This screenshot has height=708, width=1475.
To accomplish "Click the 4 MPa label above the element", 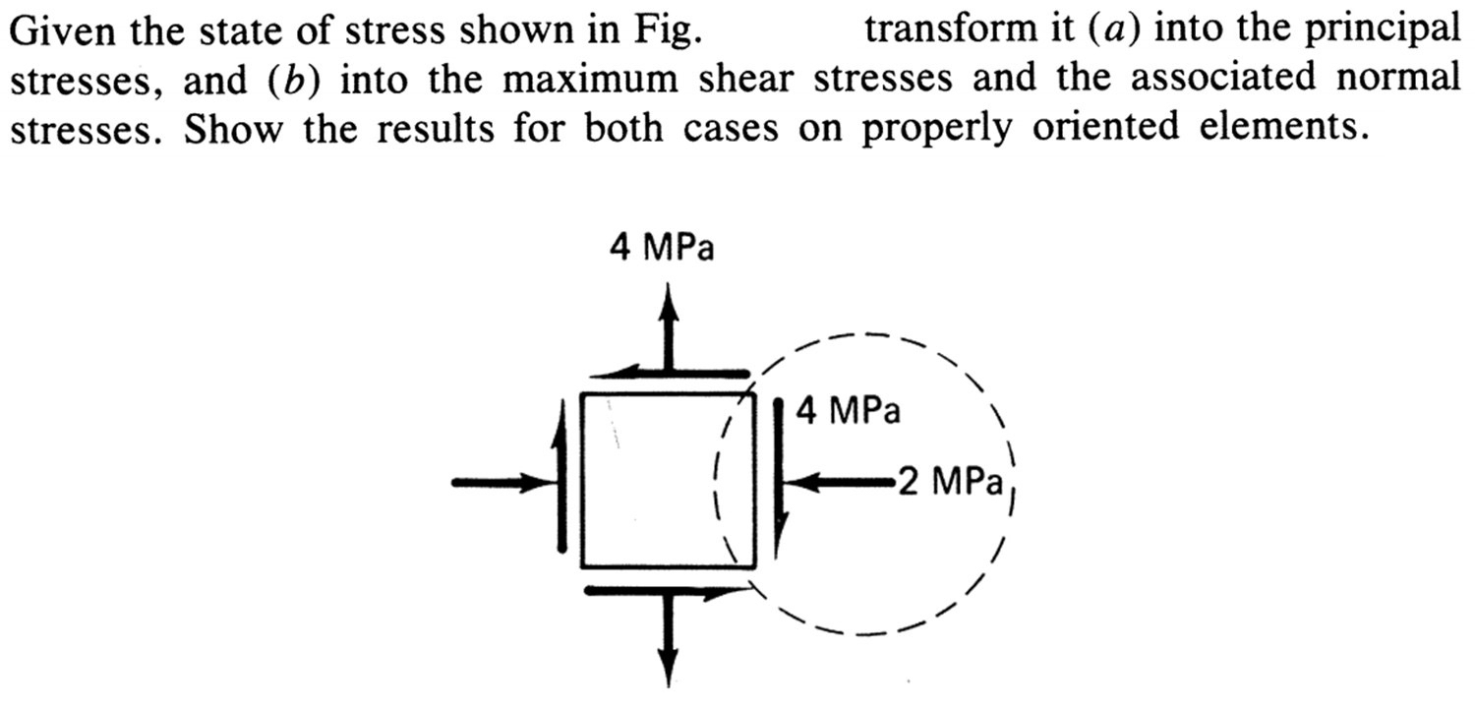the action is (662, 249).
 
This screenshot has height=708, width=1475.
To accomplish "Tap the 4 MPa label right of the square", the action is (849, 410).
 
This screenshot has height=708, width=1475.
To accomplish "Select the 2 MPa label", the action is (949, 483).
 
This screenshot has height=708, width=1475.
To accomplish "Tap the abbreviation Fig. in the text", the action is (668, 32).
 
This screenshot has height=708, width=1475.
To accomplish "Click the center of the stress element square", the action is (669, 480).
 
